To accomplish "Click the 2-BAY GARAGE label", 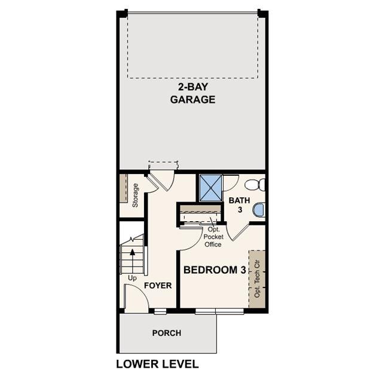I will tap(192, 93).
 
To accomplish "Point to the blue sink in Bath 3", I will tap(259, 210).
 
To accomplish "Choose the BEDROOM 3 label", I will tap(215, 270).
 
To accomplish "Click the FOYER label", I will tap(158, 286).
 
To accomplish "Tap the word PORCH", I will tap(166, 333).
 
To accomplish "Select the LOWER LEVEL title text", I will tap(157, 363).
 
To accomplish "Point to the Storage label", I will tap(136, 195).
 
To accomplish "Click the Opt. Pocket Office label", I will tap(213, 237).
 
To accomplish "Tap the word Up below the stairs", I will tap(132, 279).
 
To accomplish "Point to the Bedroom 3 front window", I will tap(219, 311).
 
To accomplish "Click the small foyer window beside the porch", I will tap(160, 311).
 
